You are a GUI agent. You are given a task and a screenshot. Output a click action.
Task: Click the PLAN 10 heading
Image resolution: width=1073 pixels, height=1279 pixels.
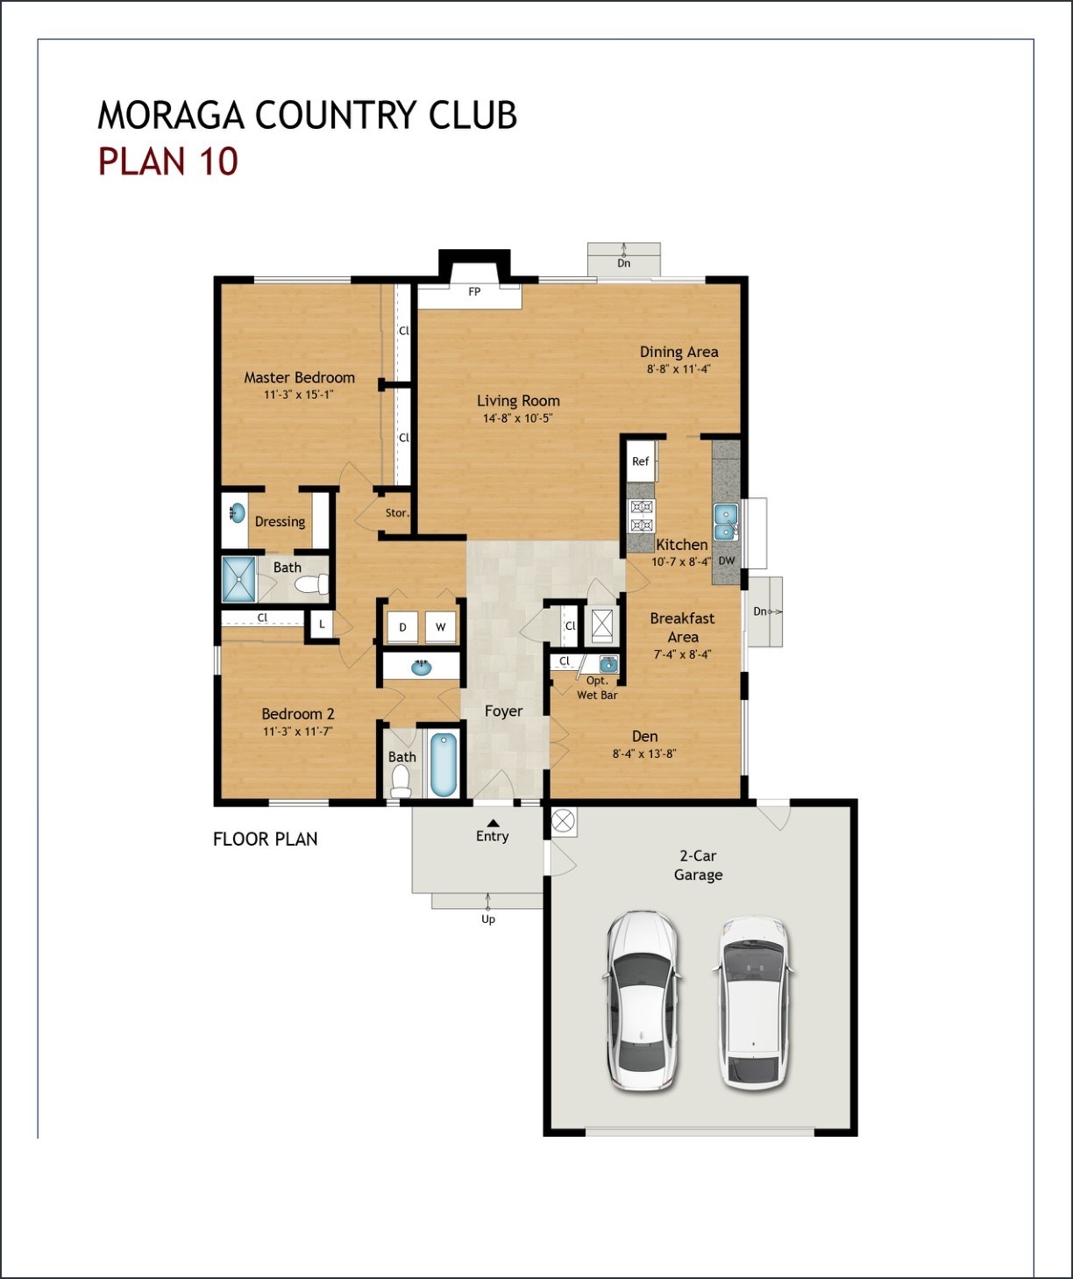167,161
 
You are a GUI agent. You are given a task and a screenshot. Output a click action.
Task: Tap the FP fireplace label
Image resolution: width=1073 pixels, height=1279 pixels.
474,291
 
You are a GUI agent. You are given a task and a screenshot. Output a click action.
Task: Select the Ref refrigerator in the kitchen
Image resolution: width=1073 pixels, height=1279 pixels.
641,461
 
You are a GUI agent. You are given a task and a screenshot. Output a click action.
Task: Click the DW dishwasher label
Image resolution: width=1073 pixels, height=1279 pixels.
727,561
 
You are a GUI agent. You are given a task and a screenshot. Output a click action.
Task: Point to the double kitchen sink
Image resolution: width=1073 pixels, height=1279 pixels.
726,523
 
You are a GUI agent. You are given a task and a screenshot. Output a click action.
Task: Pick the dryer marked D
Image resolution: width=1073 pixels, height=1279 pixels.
402,627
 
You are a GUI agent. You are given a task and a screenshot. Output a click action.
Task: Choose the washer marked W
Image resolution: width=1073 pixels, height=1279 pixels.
440,627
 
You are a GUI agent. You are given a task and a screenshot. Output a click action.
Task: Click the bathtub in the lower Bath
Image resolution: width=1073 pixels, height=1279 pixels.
444,765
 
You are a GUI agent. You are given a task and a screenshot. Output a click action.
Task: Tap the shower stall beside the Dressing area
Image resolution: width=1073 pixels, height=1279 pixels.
238,580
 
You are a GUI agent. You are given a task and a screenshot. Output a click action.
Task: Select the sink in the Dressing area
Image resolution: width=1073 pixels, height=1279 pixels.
238,513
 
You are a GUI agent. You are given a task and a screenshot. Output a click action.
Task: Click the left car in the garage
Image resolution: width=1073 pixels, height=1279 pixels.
641,1000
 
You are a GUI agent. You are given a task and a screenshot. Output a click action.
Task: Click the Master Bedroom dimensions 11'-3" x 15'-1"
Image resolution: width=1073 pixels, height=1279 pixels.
299,395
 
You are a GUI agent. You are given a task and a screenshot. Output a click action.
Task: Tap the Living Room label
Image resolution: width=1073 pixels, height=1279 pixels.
518,401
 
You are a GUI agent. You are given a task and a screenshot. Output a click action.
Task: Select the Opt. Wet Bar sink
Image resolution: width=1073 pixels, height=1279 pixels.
608,664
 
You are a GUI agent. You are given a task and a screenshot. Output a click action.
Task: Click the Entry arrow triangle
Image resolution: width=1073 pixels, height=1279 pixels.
493,823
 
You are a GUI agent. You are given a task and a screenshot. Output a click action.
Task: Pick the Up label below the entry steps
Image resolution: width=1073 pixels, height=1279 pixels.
488,919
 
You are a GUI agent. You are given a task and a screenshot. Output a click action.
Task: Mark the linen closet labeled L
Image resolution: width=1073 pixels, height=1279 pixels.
322,625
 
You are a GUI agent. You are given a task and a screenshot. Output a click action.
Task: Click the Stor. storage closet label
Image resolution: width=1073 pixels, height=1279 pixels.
397,513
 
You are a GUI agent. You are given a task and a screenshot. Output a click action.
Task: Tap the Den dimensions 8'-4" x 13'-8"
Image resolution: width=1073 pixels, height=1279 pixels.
644,754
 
